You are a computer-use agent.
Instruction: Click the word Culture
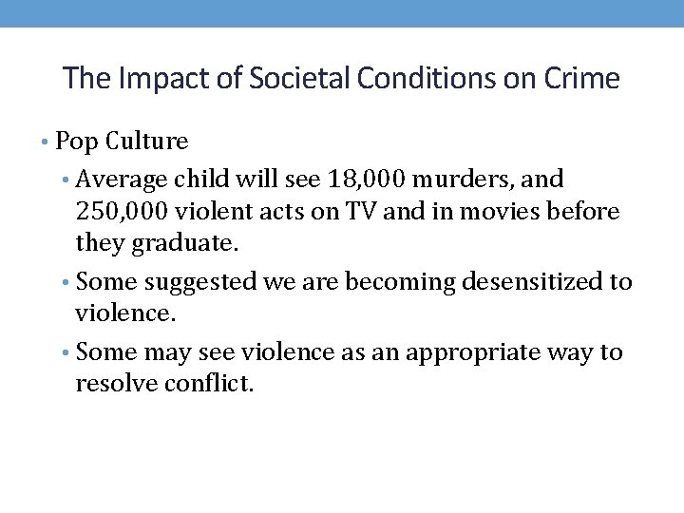pos(147,142)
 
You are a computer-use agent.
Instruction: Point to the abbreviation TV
pos(361,212)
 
